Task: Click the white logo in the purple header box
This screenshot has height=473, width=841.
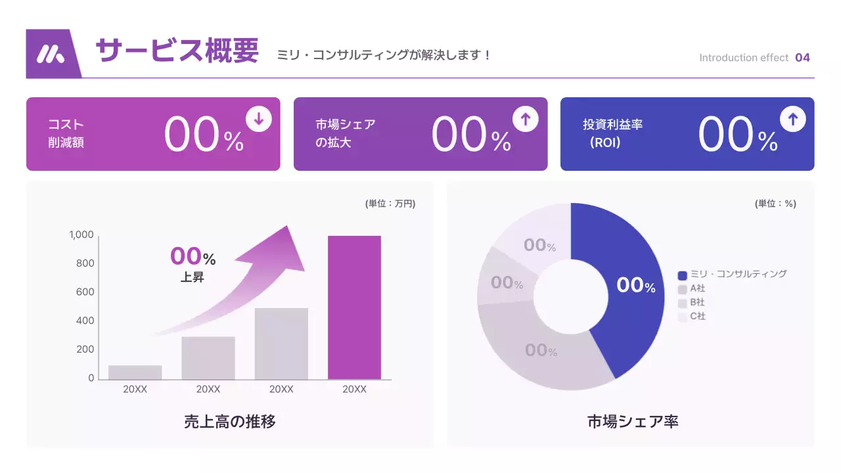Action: click(51, 54)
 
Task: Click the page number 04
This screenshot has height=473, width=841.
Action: click(802, 58)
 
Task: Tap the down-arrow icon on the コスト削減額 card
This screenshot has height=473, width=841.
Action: click(259, 119)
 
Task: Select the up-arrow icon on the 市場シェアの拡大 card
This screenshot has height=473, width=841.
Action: click(526, 119)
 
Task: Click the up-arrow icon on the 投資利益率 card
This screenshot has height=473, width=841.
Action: click(793, 119)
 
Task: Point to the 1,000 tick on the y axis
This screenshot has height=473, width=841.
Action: click(82, 235)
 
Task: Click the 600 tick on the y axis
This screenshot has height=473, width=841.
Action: click(85, 292)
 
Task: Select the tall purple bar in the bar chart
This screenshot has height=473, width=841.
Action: click(354, 307)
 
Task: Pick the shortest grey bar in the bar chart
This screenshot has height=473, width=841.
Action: click(135, 372)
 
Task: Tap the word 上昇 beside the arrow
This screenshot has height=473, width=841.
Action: click(193, 277)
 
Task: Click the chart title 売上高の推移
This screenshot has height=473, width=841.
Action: click(230, 422)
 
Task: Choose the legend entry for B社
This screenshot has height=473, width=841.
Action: click(696, 303)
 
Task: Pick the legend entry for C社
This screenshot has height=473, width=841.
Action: click(696, 317)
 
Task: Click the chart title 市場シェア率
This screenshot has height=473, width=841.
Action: click(633, 422)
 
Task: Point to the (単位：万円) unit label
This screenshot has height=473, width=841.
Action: click(390, 204)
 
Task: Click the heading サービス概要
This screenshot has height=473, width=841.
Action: click(177, 51)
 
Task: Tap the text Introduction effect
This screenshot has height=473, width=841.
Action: click(743, 58)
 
